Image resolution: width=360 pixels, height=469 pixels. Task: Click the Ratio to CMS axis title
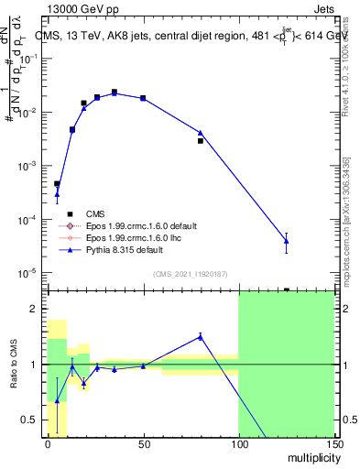pos(14,365)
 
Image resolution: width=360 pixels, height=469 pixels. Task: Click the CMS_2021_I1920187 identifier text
pos(189,274)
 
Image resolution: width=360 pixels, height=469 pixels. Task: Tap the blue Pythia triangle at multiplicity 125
pos(286,242)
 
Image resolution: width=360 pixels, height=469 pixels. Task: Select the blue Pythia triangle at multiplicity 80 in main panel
pos(201,133)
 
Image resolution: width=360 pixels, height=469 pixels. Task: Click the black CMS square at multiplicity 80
pos(201,141)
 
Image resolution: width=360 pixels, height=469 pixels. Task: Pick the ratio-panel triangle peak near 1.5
pos(201,336)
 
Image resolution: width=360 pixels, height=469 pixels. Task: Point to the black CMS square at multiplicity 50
pos(143,97)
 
